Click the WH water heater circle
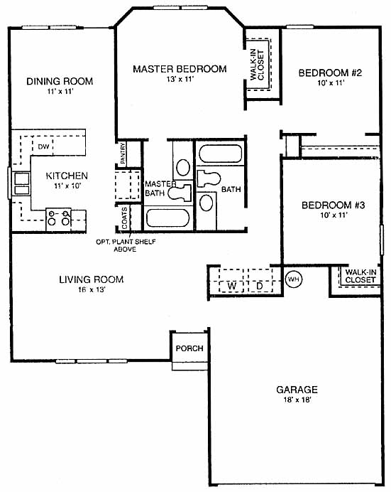tap(294, 279)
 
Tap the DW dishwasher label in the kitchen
tap(43, 146)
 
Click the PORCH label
tap(189, 348)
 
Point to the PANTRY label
tap(123, 153)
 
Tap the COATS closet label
tap(124, 218)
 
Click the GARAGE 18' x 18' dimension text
tap(297, 400)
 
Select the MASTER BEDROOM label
tap(180, 69)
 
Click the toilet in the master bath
tap(180, 193)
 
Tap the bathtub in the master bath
tap(167, 218)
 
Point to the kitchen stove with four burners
tap(58, 220)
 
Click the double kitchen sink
tap(21, 184)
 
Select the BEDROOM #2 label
tap(330, 73)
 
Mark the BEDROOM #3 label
tap(333, 205)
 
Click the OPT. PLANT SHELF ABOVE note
tap(126, 245)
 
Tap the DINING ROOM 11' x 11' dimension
tap(60, 92)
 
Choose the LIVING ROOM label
tap(92, 279)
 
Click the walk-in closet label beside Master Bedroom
tap(258, 65)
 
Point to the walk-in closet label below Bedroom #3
tap(360, 276)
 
